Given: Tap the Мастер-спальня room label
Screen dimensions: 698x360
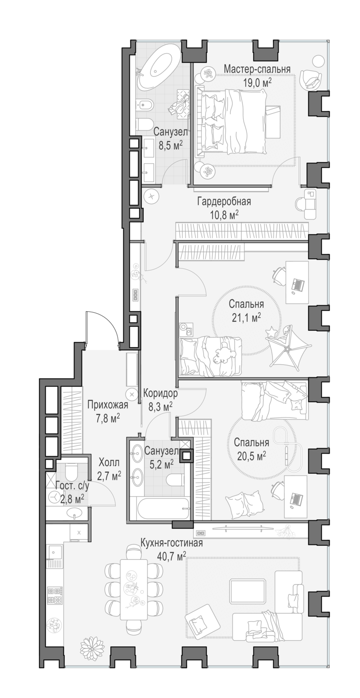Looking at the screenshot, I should [257, 69].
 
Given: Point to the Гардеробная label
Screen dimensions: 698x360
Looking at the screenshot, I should [224, 201].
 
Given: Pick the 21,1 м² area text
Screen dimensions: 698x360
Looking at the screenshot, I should [246, 317].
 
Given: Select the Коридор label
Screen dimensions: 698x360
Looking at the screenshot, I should [160, 393].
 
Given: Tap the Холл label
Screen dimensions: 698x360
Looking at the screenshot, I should [109, 463].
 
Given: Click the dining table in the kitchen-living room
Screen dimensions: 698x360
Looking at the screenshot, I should [133, 589].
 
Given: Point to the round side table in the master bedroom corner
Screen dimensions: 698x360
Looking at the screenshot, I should [318, 60].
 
